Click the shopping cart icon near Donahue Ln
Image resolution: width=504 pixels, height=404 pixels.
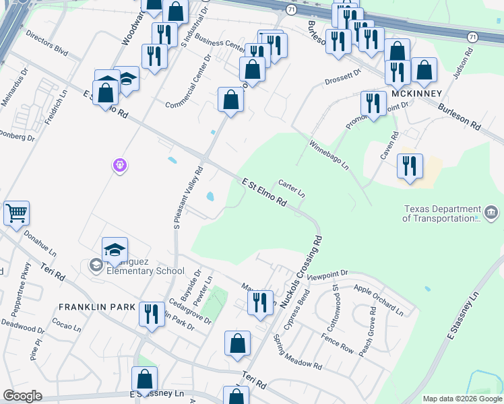pos(16,213)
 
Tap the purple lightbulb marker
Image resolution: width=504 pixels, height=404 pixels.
pos(120,164)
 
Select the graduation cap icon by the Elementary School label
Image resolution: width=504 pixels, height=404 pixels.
pos(115,250)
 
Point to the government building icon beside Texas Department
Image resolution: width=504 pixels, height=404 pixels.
pos(491,213)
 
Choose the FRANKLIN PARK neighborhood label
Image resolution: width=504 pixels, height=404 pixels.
pos(97,306)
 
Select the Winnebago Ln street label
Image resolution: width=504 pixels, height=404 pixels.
pos(329,155)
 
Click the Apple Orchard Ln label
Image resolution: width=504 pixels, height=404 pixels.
pos(378,300)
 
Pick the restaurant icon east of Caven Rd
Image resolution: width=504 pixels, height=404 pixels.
pos(410,166)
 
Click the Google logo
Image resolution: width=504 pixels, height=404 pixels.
pos(22,396)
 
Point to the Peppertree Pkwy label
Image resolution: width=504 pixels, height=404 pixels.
pos(22,294)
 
